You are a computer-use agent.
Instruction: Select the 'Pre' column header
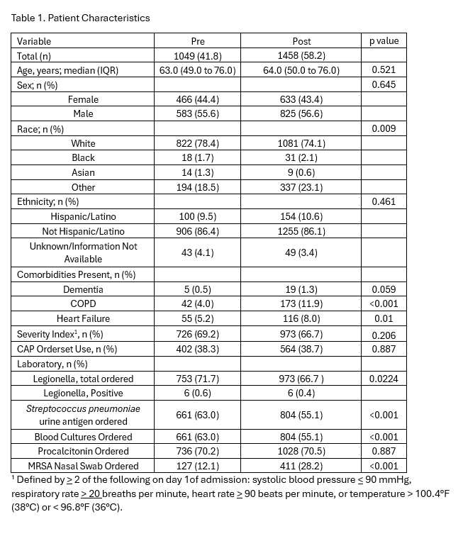point(198,41)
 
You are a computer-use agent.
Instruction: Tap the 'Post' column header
point(301,41)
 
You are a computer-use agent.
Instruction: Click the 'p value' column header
point(384,41)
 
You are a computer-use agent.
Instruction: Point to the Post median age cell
point(301,70)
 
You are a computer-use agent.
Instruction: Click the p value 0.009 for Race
point(384,129)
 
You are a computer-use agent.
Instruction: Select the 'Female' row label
point(83,100)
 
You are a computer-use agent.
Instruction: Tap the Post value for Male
point(301,114)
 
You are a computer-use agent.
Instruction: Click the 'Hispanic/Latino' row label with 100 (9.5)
point(83,216)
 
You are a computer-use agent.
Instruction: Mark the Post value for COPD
point(301,304)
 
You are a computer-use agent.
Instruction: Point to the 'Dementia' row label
point(83,289)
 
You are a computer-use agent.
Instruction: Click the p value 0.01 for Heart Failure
point(384,319)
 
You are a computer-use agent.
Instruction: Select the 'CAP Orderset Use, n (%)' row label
point(67,349)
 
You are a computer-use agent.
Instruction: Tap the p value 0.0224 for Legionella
point(384,379)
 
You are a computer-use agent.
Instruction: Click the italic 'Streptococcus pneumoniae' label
point(83,409)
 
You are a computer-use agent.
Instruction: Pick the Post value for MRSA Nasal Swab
point(301,466)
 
